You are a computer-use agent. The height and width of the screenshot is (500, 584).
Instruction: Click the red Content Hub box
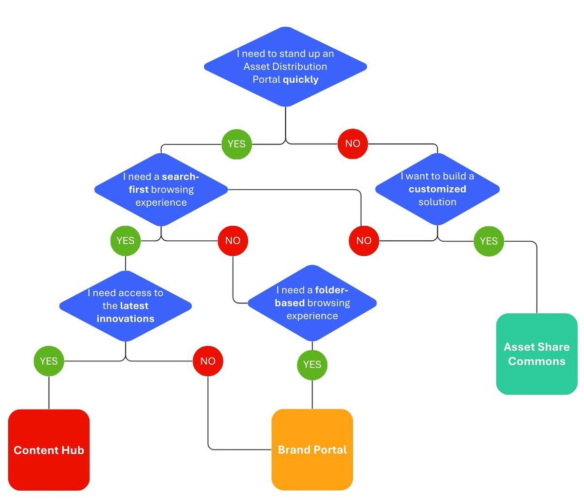(x=49, y=450)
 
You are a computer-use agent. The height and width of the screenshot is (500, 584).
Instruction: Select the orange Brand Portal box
(x=312, y=449)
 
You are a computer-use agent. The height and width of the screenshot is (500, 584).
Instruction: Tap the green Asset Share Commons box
(x=536, y=354)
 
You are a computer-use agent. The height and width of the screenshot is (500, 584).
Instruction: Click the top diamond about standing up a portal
(x=285, y=67)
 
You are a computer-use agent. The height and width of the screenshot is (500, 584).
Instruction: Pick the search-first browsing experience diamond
(x=161, y=189)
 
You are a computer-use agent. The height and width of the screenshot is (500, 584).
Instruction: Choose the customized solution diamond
(x=437, y=189)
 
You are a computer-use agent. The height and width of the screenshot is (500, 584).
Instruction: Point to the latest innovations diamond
(x=126, y=306)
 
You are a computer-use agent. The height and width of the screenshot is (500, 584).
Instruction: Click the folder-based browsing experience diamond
(x=312, y=303)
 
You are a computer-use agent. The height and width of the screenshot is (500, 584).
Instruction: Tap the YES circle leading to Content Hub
(x=49, y=361)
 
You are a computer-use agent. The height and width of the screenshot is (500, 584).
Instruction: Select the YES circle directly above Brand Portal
(x=312, y=364)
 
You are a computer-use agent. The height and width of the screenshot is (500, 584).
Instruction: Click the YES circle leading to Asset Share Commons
(x=489, y=241)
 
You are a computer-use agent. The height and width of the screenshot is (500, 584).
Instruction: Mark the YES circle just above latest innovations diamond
(x=126, y=240)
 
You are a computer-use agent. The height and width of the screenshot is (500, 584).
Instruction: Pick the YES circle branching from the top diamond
(x=237, y=144)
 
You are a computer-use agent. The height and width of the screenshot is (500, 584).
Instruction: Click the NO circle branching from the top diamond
(x=352, y=143)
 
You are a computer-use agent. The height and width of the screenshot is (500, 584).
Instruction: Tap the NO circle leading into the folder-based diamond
(x=233, y=240)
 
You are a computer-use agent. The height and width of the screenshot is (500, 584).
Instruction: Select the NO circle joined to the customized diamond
(x=364, y=240)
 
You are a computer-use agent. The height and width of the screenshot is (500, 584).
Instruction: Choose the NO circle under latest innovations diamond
(x=208, y=361)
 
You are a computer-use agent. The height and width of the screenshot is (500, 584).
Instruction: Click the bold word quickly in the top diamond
(x=300, y=79)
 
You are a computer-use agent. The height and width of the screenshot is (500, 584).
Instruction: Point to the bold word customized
(x=437, y=189)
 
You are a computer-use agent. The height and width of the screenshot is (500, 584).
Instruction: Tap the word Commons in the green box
(x=536, y=361)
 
